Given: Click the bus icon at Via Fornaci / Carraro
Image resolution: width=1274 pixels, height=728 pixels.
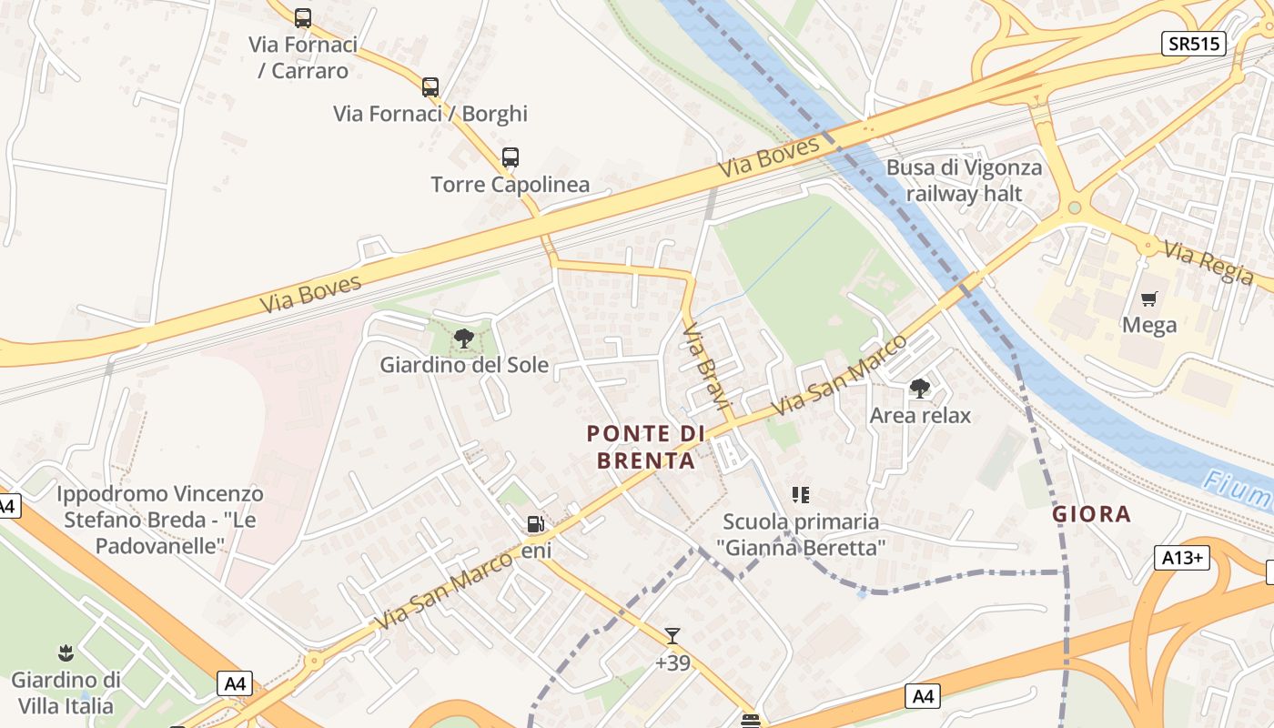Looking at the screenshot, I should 303,17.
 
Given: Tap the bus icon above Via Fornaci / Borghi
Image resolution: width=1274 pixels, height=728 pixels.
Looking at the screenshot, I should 430,87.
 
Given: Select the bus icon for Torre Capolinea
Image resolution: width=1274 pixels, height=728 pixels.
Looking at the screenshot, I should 511,157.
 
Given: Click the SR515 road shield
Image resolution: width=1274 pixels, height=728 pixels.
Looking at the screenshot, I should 1193,44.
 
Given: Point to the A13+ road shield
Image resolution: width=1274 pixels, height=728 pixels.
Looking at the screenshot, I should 1181,558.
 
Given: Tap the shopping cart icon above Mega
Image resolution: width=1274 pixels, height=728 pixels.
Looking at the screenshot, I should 1149,298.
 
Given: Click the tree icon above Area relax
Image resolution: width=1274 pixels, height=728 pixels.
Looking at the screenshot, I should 920,389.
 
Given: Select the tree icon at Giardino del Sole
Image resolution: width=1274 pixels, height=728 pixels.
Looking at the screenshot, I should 464,339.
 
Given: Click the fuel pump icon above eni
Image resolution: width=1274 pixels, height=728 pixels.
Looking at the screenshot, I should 536,523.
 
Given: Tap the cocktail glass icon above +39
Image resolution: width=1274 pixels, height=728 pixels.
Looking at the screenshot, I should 672,635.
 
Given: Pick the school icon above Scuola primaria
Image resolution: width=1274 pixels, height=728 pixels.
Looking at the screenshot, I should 801,495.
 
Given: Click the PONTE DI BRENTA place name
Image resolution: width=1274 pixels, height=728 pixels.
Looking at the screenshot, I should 646,447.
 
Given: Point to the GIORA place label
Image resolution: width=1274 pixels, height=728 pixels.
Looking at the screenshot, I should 1092,514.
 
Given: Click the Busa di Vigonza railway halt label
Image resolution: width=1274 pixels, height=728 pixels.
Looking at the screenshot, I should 965,180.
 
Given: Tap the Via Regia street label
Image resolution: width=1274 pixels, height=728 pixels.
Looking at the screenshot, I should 1208,263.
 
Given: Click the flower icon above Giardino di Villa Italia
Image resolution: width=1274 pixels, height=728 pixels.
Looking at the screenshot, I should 66,652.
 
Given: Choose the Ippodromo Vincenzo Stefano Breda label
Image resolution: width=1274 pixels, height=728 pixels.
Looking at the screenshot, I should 160,520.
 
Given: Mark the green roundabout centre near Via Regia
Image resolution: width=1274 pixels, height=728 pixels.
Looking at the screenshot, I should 1075,208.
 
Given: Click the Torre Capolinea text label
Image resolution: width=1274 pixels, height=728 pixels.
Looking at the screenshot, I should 511,185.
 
